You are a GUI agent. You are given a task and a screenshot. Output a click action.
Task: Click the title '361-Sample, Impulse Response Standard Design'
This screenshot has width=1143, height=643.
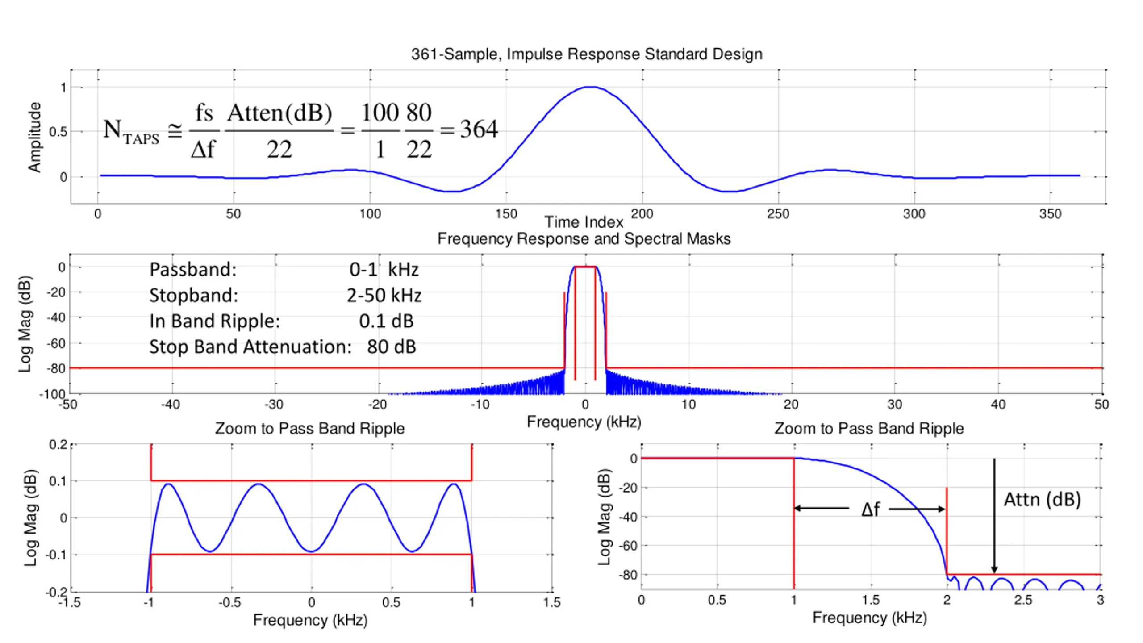point(586,54)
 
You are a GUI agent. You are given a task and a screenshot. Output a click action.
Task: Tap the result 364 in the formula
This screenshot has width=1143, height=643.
point(479,129)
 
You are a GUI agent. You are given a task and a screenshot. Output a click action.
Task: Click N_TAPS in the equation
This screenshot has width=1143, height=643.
point(131,131)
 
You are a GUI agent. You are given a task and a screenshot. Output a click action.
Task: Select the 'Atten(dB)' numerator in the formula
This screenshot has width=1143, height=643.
point(279,113)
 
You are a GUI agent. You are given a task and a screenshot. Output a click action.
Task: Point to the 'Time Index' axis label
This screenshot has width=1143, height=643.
point(584,222)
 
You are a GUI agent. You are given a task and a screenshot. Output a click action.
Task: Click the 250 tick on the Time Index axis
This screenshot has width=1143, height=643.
point(778,214)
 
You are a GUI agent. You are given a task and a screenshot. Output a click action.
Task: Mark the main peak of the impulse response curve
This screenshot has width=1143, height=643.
point(591,87)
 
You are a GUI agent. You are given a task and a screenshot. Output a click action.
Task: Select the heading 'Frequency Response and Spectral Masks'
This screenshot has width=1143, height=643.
point(584,239)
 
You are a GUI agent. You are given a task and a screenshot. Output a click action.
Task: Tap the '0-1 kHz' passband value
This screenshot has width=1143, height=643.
point(384,269)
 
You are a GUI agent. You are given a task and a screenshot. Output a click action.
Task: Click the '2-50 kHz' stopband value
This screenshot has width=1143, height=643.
point(384,295)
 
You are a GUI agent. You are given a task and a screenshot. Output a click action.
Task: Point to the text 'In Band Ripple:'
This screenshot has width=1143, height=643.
point(214,321)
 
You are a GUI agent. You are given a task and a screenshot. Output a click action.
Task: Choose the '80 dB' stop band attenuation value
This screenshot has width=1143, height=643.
point(392,347)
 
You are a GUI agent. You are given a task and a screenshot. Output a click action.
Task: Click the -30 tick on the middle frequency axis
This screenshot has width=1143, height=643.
point(275,405)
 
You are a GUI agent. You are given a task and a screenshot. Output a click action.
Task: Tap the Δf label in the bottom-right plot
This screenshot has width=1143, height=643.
point(870,509)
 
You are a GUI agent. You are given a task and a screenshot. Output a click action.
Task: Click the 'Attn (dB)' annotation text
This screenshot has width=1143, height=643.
point(1042,499)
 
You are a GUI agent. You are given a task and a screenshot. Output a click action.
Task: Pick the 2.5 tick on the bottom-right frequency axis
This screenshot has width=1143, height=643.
point(1023,600)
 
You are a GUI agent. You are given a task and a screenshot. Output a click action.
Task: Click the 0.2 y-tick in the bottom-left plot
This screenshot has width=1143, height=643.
point(58,445)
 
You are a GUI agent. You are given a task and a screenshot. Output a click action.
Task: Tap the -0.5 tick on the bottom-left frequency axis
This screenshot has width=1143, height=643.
point(230,603)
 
